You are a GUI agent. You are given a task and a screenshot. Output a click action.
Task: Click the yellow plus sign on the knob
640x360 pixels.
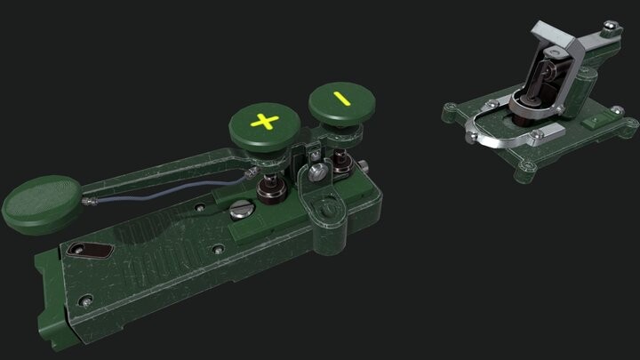(x=262, y=120)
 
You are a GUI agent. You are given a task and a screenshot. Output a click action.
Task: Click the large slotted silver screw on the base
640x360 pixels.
(x=238, y=212)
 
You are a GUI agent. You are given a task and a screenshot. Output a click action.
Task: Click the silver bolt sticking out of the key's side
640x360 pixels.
(x=365, y=164)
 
